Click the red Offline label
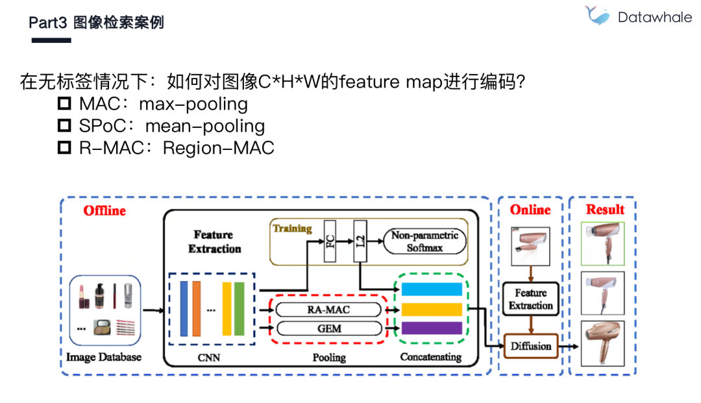pyautogui.click(x=105, y=211)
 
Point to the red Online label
pyautogui.click(x=530, y=210)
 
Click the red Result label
pyautogui.click(x=604, y=210)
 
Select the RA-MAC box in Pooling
pyautogui.click(x=328, y=310)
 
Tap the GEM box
pyautogui.click(x=328, y=328)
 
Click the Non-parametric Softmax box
pyautogui.click(x=424, y=241)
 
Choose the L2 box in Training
pyautogui.click(x=362, y=241)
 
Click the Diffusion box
pyautogui.click(x=530, y=346)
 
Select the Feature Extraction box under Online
pyautogui.click(x=530, y=299)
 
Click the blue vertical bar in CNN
pyautogui.click(x=183, y=308)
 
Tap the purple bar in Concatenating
pyautogui.click(x=432, y=328)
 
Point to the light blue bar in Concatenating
pyautogui.click(x=432, y=289)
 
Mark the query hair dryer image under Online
pyautogui.click(x=530, y=247)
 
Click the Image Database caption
pyautogui.click(x=105, y=357)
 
